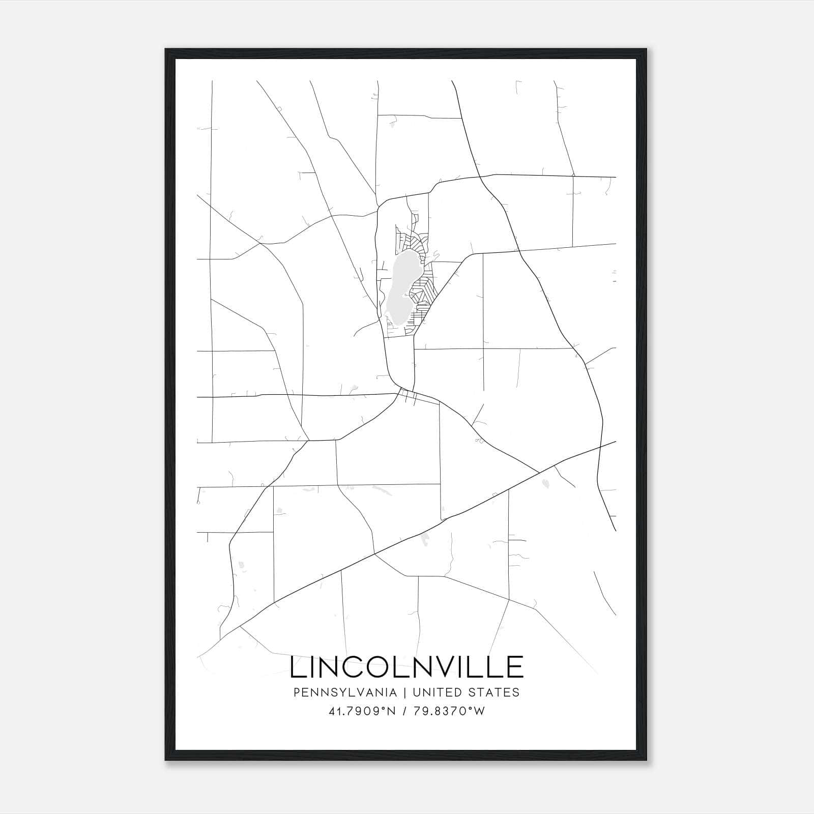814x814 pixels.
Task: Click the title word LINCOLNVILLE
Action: pos(406,667)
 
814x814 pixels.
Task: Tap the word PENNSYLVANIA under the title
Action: pos(345,692)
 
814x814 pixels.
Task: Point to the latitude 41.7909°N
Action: pos(362,711)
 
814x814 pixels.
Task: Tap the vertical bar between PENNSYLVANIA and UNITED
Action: pos(404,692)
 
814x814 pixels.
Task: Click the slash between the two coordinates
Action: pos(404,711)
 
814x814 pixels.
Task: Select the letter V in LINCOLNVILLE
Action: pos(444,667)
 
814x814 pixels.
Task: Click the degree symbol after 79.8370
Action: pos(471,708)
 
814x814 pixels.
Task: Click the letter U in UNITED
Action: pos(417,692)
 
